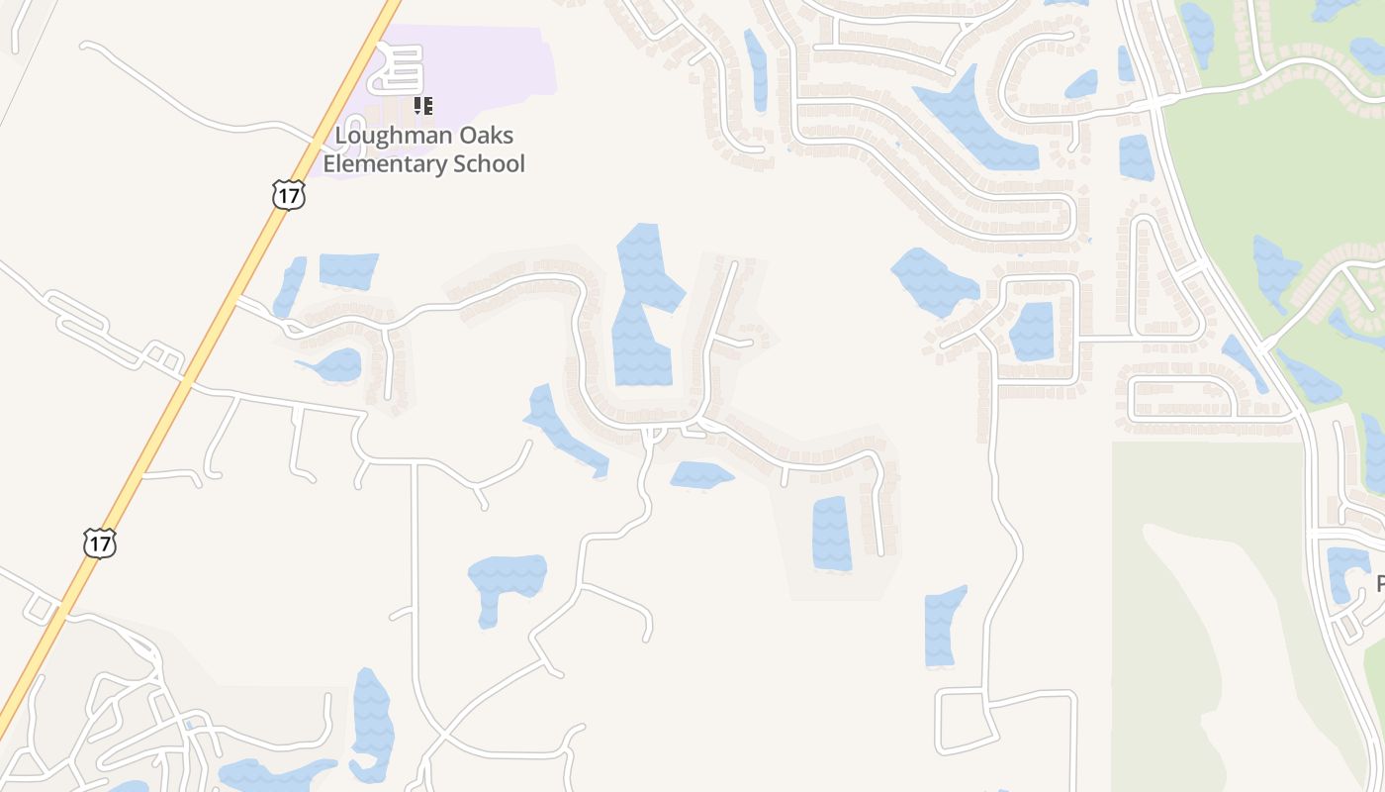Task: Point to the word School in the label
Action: [x=489, y=164]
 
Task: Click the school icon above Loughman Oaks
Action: [x=423, y=105]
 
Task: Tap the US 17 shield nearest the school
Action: [x=288, y=195]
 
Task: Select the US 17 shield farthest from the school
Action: [x=100, y=543]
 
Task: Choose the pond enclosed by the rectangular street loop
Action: [x=1033, y=331]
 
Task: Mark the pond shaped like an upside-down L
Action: [x=505, y=584]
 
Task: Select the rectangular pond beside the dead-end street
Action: [x=832, y=534]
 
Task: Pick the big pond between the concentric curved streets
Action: [x=973, y=124]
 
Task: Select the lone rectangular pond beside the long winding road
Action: [x=945, y=626]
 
